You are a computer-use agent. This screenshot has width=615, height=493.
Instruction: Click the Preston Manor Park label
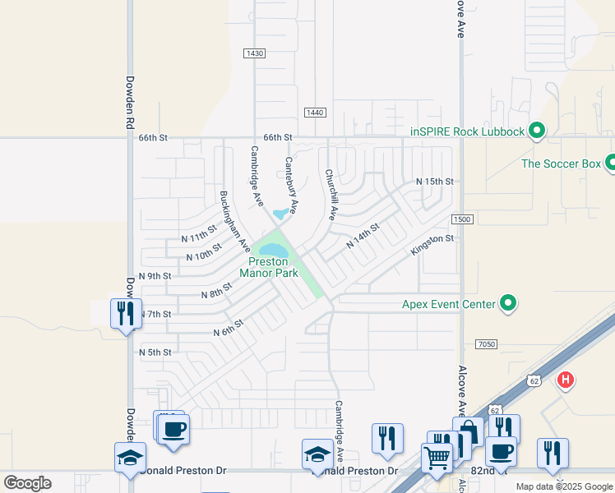[x=268, y=267]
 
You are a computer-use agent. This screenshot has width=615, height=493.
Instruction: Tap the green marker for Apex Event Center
[x=508, y=304]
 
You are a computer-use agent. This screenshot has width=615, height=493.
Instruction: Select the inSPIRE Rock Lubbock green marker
[x=537, y=131]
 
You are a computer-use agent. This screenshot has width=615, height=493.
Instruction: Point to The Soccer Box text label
[x=562, y=164]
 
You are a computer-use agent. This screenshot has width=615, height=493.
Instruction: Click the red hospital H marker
[x=566, y=380]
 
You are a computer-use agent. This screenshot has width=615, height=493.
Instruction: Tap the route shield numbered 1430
[x=255, y=53]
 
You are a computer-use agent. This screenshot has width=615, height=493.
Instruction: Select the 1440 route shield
[x=315, y=113]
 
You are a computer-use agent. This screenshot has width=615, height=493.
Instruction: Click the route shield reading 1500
[x=462, y=219]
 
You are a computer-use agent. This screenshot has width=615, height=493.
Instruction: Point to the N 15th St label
[x=435, y=181]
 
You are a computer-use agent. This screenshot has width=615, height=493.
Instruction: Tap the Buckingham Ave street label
[x=234, y=219]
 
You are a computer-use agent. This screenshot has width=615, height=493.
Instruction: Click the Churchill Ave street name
[x=331, y=194]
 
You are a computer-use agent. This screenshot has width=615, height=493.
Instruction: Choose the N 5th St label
[x=155, y=352]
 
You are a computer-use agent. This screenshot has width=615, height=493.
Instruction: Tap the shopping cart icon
[x=437, y=457]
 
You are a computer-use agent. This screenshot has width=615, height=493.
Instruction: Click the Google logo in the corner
[x=27, y=483]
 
